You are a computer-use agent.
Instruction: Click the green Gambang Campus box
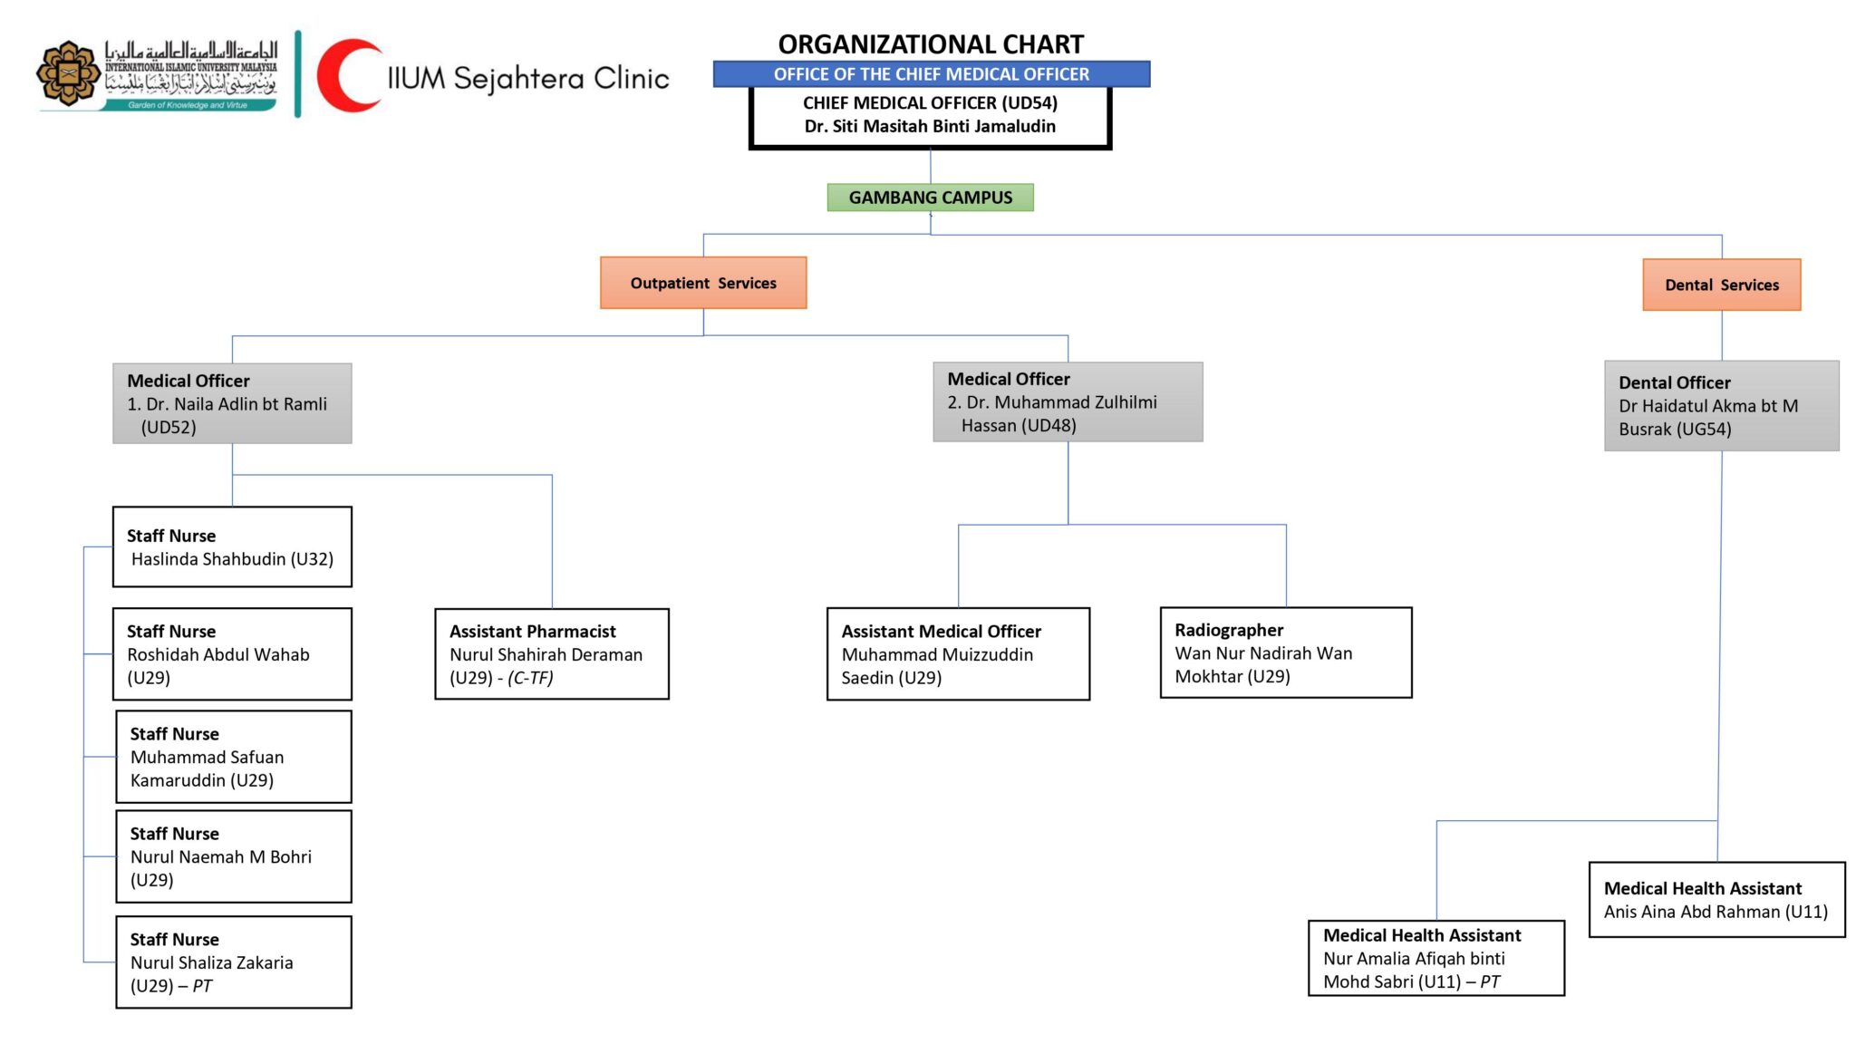tap(930, 198)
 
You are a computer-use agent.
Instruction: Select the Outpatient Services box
tap(703, 283)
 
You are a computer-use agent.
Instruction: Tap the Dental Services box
tap(1721, 285)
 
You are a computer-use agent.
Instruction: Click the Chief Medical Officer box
tap(930, 115)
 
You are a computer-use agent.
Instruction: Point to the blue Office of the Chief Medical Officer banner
tap(931, 74)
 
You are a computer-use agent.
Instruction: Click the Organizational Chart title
tap(931, 43)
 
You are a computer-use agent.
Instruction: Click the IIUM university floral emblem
tap(68, 72)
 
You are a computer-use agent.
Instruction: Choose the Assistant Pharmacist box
tap(551, 653)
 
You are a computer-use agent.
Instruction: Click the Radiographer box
tap(1285, 652)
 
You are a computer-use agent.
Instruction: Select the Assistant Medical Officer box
tap(958, 653)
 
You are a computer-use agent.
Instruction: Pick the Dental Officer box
tap(1721, 405)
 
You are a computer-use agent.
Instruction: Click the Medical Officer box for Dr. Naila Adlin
tap(232, 403)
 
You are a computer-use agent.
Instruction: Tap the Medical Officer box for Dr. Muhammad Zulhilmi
tap(1068, 401)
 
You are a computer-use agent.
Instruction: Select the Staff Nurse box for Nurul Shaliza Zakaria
tap(234, 962)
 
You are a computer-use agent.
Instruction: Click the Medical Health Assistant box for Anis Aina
tap(1716, 899)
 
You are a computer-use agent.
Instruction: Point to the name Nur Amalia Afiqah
tap(1413, 959)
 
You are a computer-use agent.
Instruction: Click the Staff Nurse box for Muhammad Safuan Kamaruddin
tap(234, 757)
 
